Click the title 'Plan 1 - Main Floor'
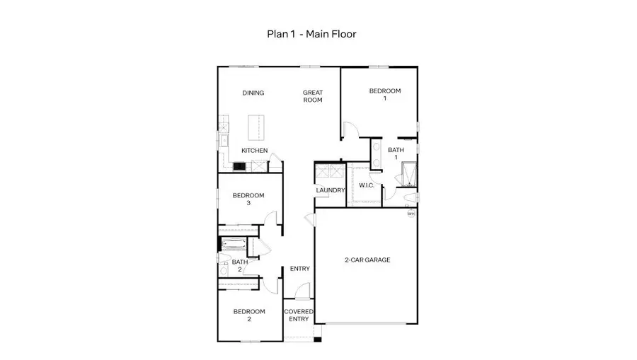click(316, 33)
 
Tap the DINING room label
click(253, 93)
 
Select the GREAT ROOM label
click(313, 96)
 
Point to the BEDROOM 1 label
click(385, 95)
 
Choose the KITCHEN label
click(254, 151)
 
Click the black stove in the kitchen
click(239, 167)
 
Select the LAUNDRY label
click(330, 190)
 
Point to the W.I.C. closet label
click(366, 185)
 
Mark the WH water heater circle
click(411, 213)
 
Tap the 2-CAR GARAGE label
click(367, 260)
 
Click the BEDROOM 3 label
click(248, 199)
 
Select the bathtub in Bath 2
click(232, 245)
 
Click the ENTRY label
click(299, 268)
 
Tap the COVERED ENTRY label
click(298, 315)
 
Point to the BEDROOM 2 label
click(248, 315)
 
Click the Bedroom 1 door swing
click(350, 129)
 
